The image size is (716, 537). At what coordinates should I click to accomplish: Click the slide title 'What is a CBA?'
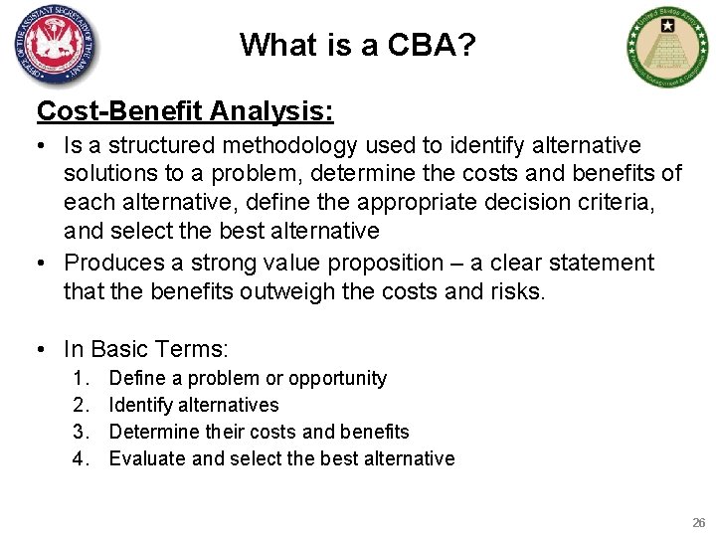pyautogui.click(x=357, y=45)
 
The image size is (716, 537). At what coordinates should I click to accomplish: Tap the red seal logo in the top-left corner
pyautogui.click(x=57, y=47)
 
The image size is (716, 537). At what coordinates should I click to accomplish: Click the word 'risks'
pyautogui.click(x=515, y=291)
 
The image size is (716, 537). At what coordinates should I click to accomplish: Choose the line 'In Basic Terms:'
pyautogui.click(x=146, y=349)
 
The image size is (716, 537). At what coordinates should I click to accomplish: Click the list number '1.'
pyautogui.click(x=81, y=378)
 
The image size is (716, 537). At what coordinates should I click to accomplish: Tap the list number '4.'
pyautogui.click(x=81, y=458)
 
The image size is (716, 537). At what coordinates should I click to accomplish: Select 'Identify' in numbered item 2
pyautogui.click(x=140, y=405)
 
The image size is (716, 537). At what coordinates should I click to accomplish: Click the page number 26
pyautogui.click(x=697, y=522)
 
